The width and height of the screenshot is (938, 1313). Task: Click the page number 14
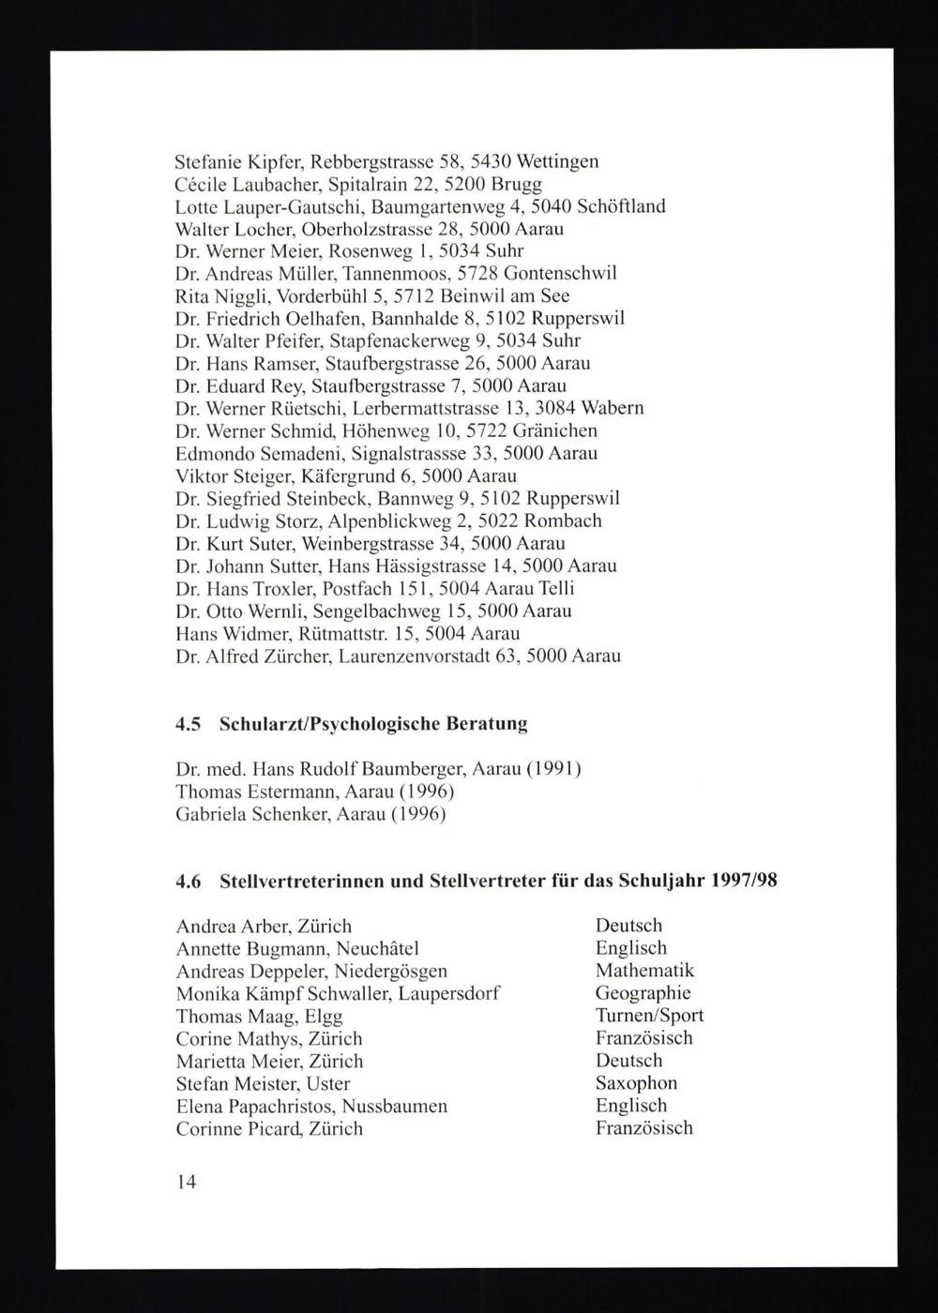click(186, 1183)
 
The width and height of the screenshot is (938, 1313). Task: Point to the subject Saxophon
click(636, 1083)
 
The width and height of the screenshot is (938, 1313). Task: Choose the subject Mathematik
click(644, 971)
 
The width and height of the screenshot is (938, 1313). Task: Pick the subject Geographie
click(643, 993)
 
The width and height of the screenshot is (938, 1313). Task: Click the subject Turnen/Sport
click(649, 1016)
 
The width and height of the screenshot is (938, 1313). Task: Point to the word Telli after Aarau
click(555, 589)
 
